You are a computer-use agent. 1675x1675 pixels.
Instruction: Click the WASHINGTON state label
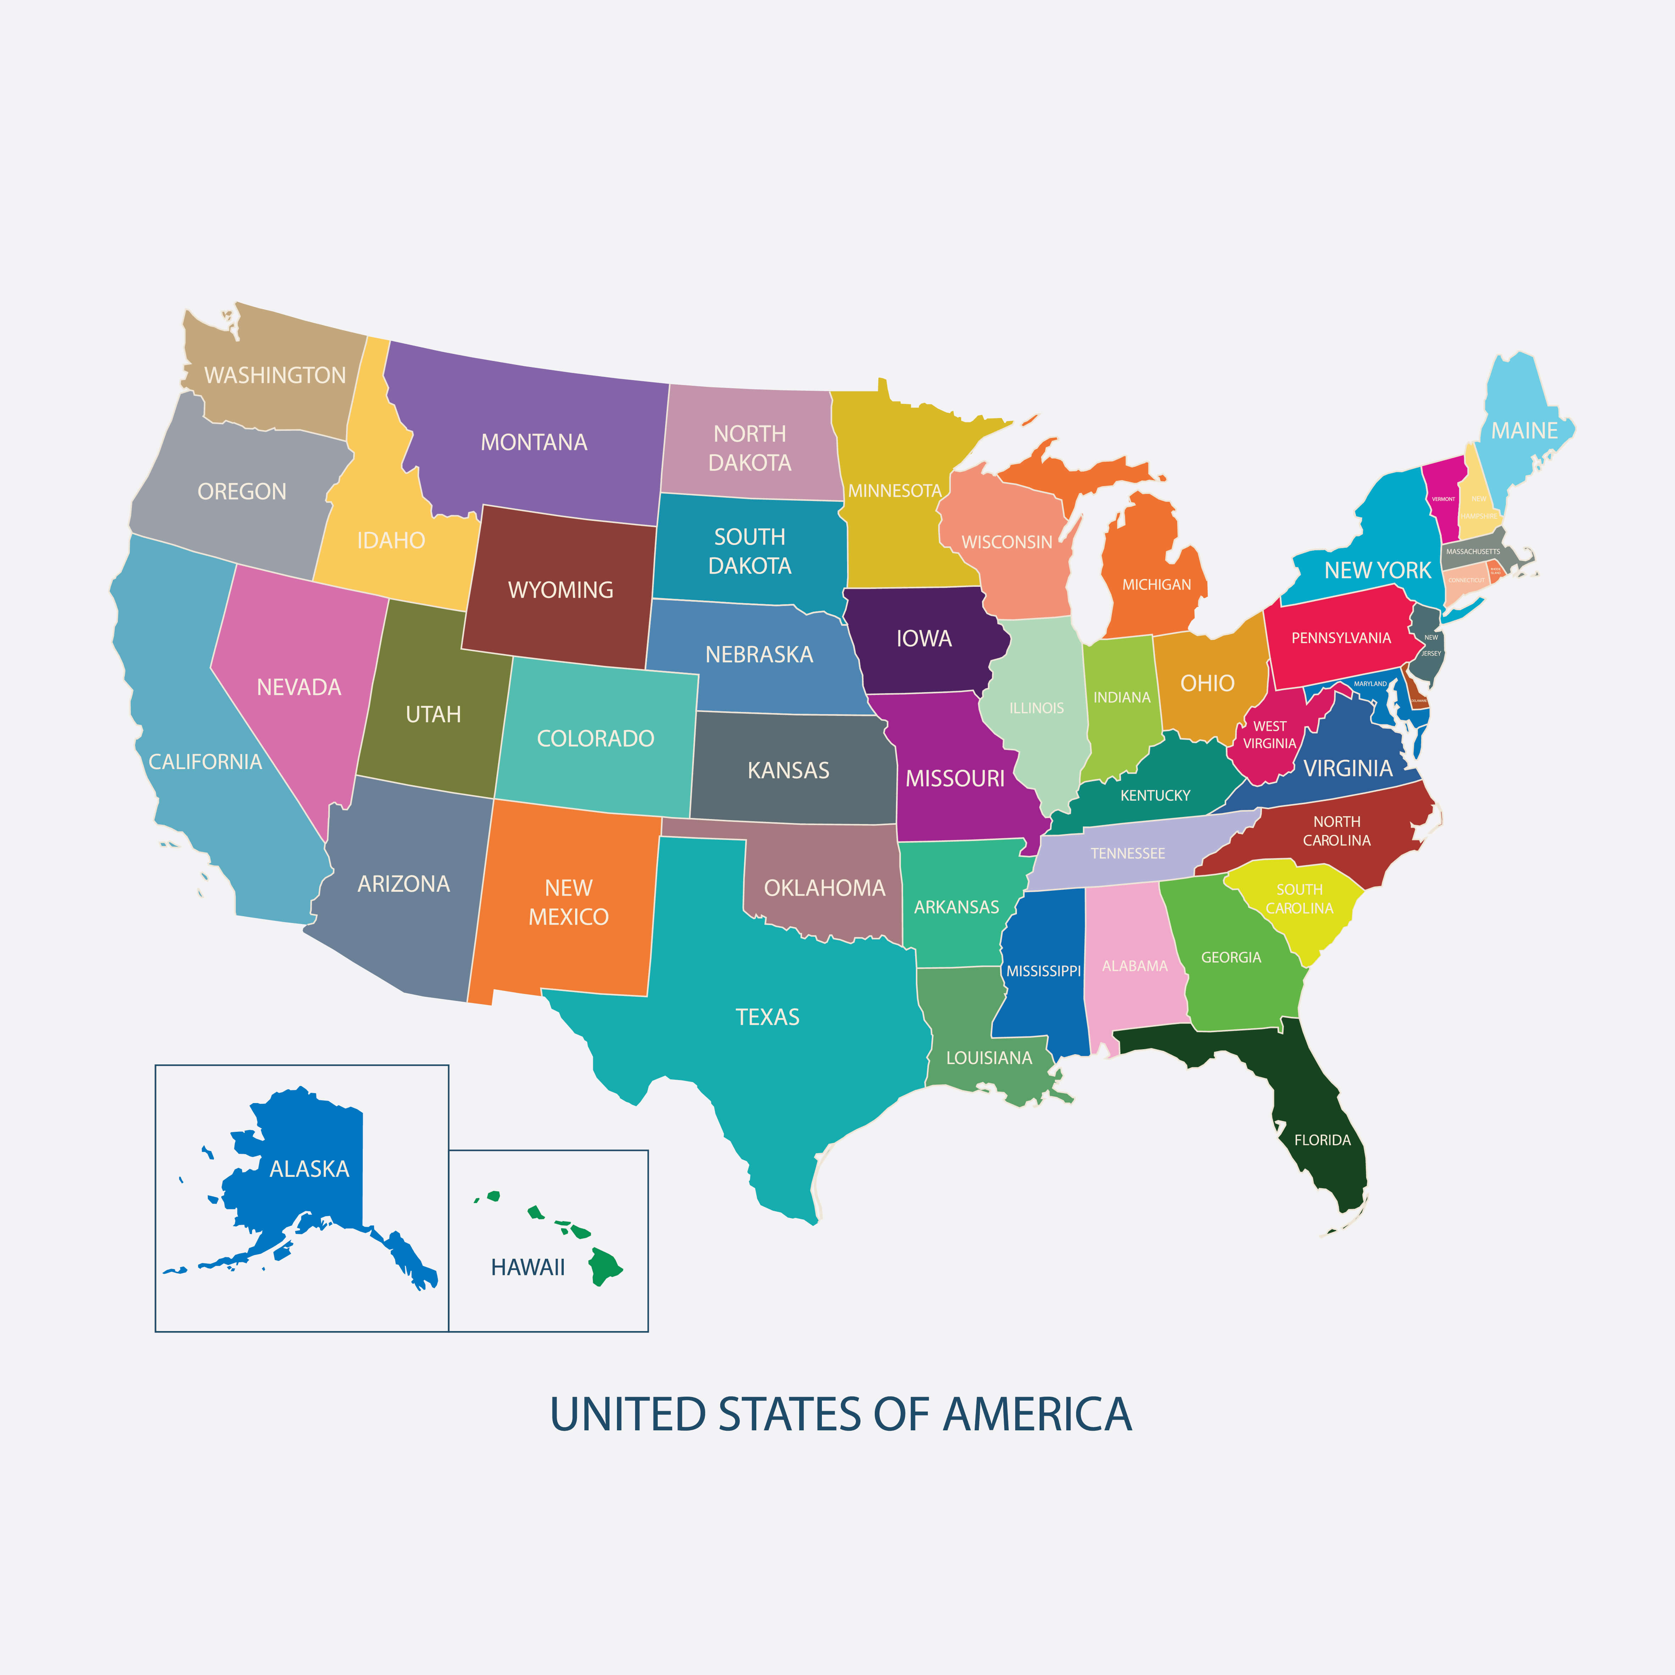[275, 375]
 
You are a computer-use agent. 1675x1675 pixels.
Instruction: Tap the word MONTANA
[534, 442]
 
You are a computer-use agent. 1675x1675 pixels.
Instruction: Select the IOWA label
[924, 639]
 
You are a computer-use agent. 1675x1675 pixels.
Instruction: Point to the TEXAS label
[767, 1017]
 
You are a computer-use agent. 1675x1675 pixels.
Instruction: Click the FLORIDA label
[1322, 1140]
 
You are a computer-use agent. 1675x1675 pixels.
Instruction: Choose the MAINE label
[1524, 431]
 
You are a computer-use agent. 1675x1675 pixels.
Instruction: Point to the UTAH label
[434, 714]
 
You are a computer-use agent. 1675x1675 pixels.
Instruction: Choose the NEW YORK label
[1378, 571]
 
